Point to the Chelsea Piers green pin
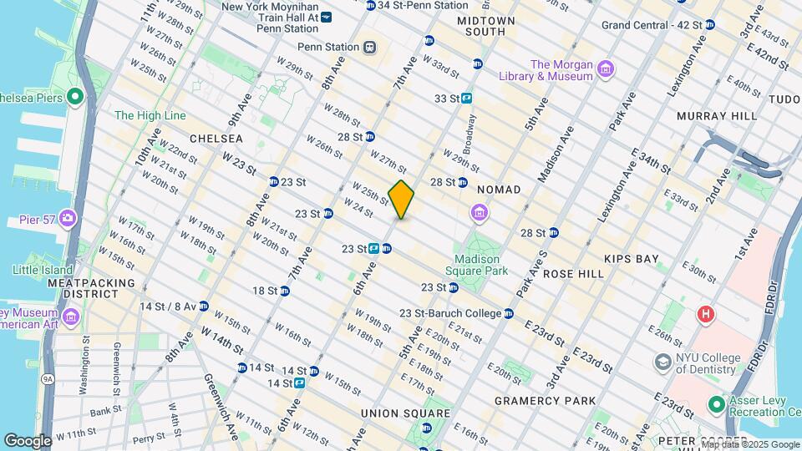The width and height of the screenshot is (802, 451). click(74, 97)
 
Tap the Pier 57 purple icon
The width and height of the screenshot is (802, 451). click(67, 220)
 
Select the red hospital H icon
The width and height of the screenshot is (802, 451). click(705, 315)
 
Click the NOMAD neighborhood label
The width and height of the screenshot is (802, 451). click(499, 190)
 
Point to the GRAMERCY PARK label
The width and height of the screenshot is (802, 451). click(544, 401)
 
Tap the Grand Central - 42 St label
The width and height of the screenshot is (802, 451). click(652, 25)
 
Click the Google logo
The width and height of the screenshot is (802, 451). click(28, 441)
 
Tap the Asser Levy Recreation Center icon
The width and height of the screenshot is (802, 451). click(716, 405)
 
